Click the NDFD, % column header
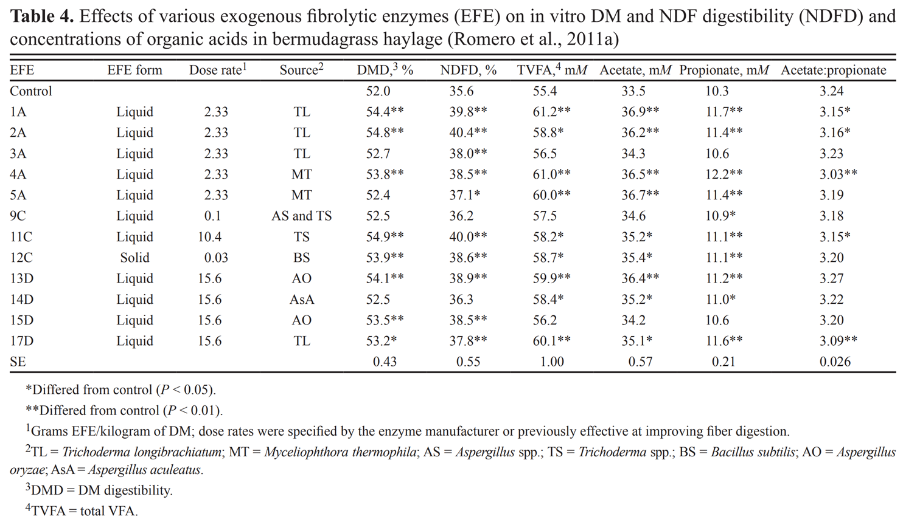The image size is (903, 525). pos(468,70)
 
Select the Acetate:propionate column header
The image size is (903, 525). pos(833,70)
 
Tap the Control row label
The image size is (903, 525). pos(31,91)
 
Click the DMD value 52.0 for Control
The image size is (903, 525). pos(378,91)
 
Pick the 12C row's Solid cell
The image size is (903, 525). pos(134,258)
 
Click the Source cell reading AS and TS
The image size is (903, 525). pos(301,216)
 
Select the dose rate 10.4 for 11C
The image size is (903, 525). pos(209,237)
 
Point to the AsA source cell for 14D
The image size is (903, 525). pos(301,300)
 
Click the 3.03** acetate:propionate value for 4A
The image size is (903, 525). pos(838,174)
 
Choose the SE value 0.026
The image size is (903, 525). pos(835,362)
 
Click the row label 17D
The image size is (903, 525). pos(21,341)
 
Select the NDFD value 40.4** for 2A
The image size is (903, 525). pos(468,132)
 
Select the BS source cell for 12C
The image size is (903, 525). pos(301,258)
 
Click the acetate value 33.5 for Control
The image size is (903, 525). pos(633,91)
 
